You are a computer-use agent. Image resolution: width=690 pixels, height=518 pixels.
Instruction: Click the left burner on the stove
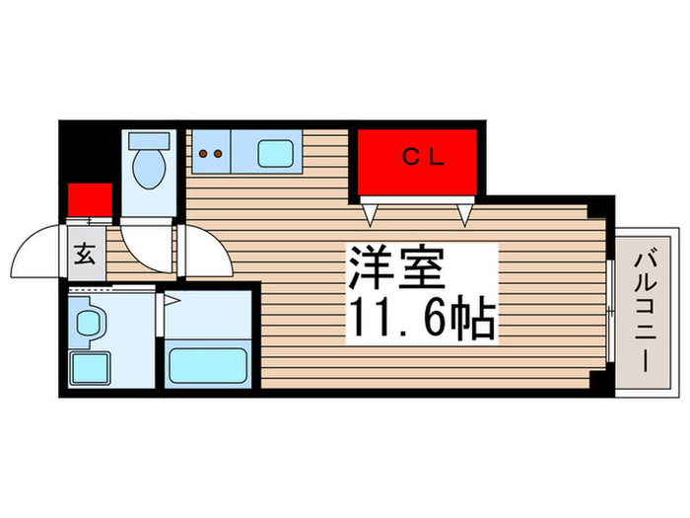tap(203, 153)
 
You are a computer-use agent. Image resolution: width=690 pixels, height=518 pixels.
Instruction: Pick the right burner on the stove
tap(217, 153)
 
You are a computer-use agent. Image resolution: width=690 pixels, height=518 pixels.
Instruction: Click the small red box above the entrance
tap(90, 200)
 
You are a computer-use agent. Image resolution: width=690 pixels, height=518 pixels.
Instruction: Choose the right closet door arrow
tap(463, 212)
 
